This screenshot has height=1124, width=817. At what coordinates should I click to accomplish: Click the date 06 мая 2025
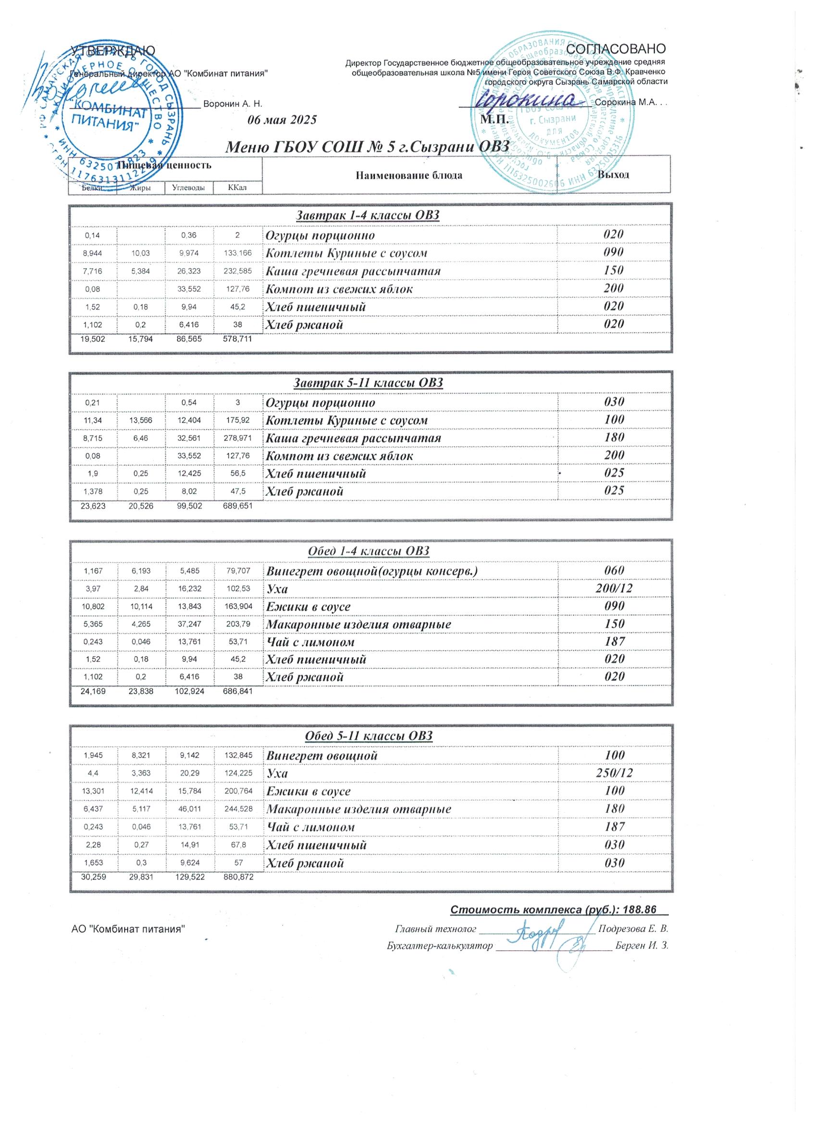[x=282, y=120]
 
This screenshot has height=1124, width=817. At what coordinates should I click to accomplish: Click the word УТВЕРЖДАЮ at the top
[x=113, y=50]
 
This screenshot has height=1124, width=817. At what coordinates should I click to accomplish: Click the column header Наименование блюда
[x=409, y=175]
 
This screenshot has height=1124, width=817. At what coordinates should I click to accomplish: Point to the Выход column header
[x=613, y=175]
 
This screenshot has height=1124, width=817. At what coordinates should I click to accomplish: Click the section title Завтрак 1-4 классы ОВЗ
[x=368, y=215]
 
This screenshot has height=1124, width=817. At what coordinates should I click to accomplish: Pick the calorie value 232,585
[x=237, y=271]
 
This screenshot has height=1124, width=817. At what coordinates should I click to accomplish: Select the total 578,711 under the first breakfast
[x=237, y=339]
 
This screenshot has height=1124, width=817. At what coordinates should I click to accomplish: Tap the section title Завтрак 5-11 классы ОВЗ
[x=368, y=383]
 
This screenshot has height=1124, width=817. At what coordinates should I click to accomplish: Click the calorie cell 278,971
[x=238, y=438]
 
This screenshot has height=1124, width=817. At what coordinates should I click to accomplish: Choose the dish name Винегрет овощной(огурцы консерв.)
[x=372, y=571]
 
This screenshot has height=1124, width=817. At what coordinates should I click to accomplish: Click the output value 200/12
[x=614, y=588]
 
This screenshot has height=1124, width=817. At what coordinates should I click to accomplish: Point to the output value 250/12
[x=614, y=773]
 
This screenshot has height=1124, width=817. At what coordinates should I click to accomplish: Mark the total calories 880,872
[x=238, y=877]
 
